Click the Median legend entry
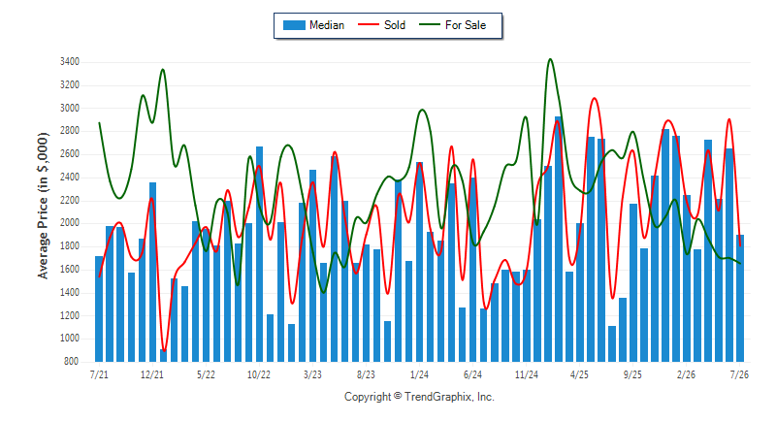[313, 25]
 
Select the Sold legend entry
[381, 25]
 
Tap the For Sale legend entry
[452, 25]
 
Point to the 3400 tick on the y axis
[70, 62]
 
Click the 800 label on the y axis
[72, 362]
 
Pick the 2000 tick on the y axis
[70, 223]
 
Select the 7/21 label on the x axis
[99, 374]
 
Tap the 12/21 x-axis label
[152, 374]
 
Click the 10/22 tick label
[259, 374]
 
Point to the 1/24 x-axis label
[419, 374]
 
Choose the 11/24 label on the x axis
[526, 374]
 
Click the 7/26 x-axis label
[739, 374]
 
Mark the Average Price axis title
[44, 206]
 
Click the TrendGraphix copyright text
[419, 397]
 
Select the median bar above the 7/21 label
[99, 308]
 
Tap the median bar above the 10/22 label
[259, 254]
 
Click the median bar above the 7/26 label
[740, 299]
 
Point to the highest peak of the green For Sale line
[550, 59]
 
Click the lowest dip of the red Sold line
[163, 350]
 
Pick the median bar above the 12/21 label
[152, 272]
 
